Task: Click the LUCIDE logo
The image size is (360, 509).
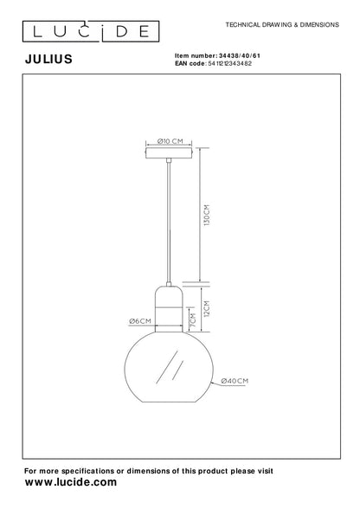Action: coord(91,31)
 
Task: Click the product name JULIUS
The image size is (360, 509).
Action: coord(48,59)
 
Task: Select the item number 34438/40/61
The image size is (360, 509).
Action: coord(239,55)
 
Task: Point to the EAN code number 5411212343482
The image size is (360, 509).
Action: coord(229,64)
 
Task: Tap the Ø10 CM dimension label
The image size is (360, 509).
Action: coord(170,141)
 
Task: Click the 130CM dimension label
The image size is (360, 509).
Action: coord(207,215)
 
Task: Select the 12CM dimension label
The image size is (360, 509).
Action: coord(207,308)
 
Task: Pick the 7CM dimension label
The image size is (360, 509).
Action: coord(193,319)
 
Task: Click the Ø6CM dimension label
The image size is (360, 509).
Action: coord(140,321)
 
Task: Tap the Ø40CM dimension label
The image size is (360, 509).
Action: coord(235,381)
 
